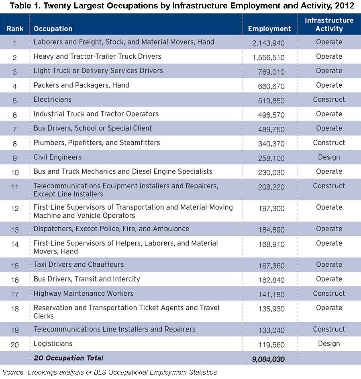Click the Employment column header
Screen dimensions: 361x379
click(x=269, y=29)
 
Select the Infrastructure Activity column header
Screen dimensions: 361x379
click(x=329, y=25)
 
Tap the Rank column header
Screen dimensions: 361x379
click(x=15, y=29)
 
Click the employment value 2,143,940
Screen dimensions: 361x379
click(x=268, y=43)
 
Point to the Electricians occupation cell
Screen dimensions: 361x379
click(x=52, y=99)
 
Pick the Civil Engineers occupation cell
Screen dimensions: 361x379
click(x=58, y=157)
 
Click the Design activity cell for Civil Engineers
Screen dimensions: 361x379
click(x=329, y=157)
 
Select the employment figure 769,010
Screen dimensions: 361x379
click(x=271, y=72)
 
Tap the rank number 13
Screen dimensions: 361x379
click(x=15, y=230)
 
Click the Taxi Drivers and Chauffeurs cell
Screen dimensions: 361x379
click(x=79, y=264)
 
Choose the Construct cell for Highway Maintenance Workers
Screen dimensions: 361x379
click(x=329, y=293)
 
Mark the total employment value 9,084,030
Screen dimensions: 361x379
click(x=268, y=359)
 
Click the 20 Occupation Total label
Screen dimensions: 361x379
click(x=68, y=358)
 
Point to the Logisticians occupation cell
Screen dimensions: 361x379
click(x=53, y=344)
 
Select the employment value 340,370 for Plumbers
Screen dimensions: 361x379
click(x=271, y=144)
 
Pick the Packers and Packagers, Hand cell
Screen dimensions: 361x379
click(x=82, y=85)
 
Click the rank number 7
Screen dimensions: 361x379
click(x=15, y=129)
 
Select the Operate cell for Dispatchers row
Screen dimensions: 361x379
click(x=329, y=229)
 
